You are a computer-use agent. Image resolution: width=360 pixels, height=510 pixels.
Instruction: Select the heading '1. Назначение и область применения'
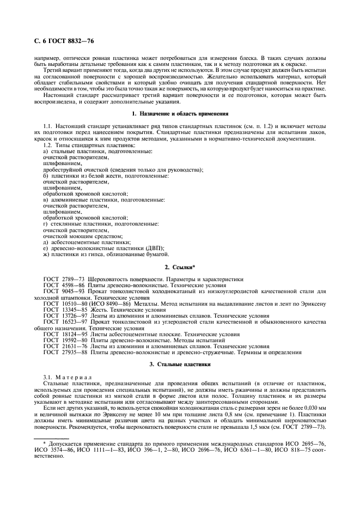[x=180, y=114]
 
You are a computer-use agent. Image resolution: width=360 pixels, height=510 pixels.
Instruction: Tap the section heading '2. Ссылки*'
[x=180, y=267]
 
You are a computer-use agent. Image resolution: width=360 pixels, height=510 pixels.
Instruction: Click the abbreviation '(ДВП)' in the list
[x=154, y=248]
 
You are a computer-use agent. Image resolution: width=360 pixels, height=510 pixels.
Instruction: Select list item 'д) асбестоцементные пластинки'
[x=79, y=242]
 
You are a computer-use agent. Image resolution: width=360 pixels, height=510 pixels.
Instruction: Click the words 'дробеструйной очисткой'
[x=71, y=169]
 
